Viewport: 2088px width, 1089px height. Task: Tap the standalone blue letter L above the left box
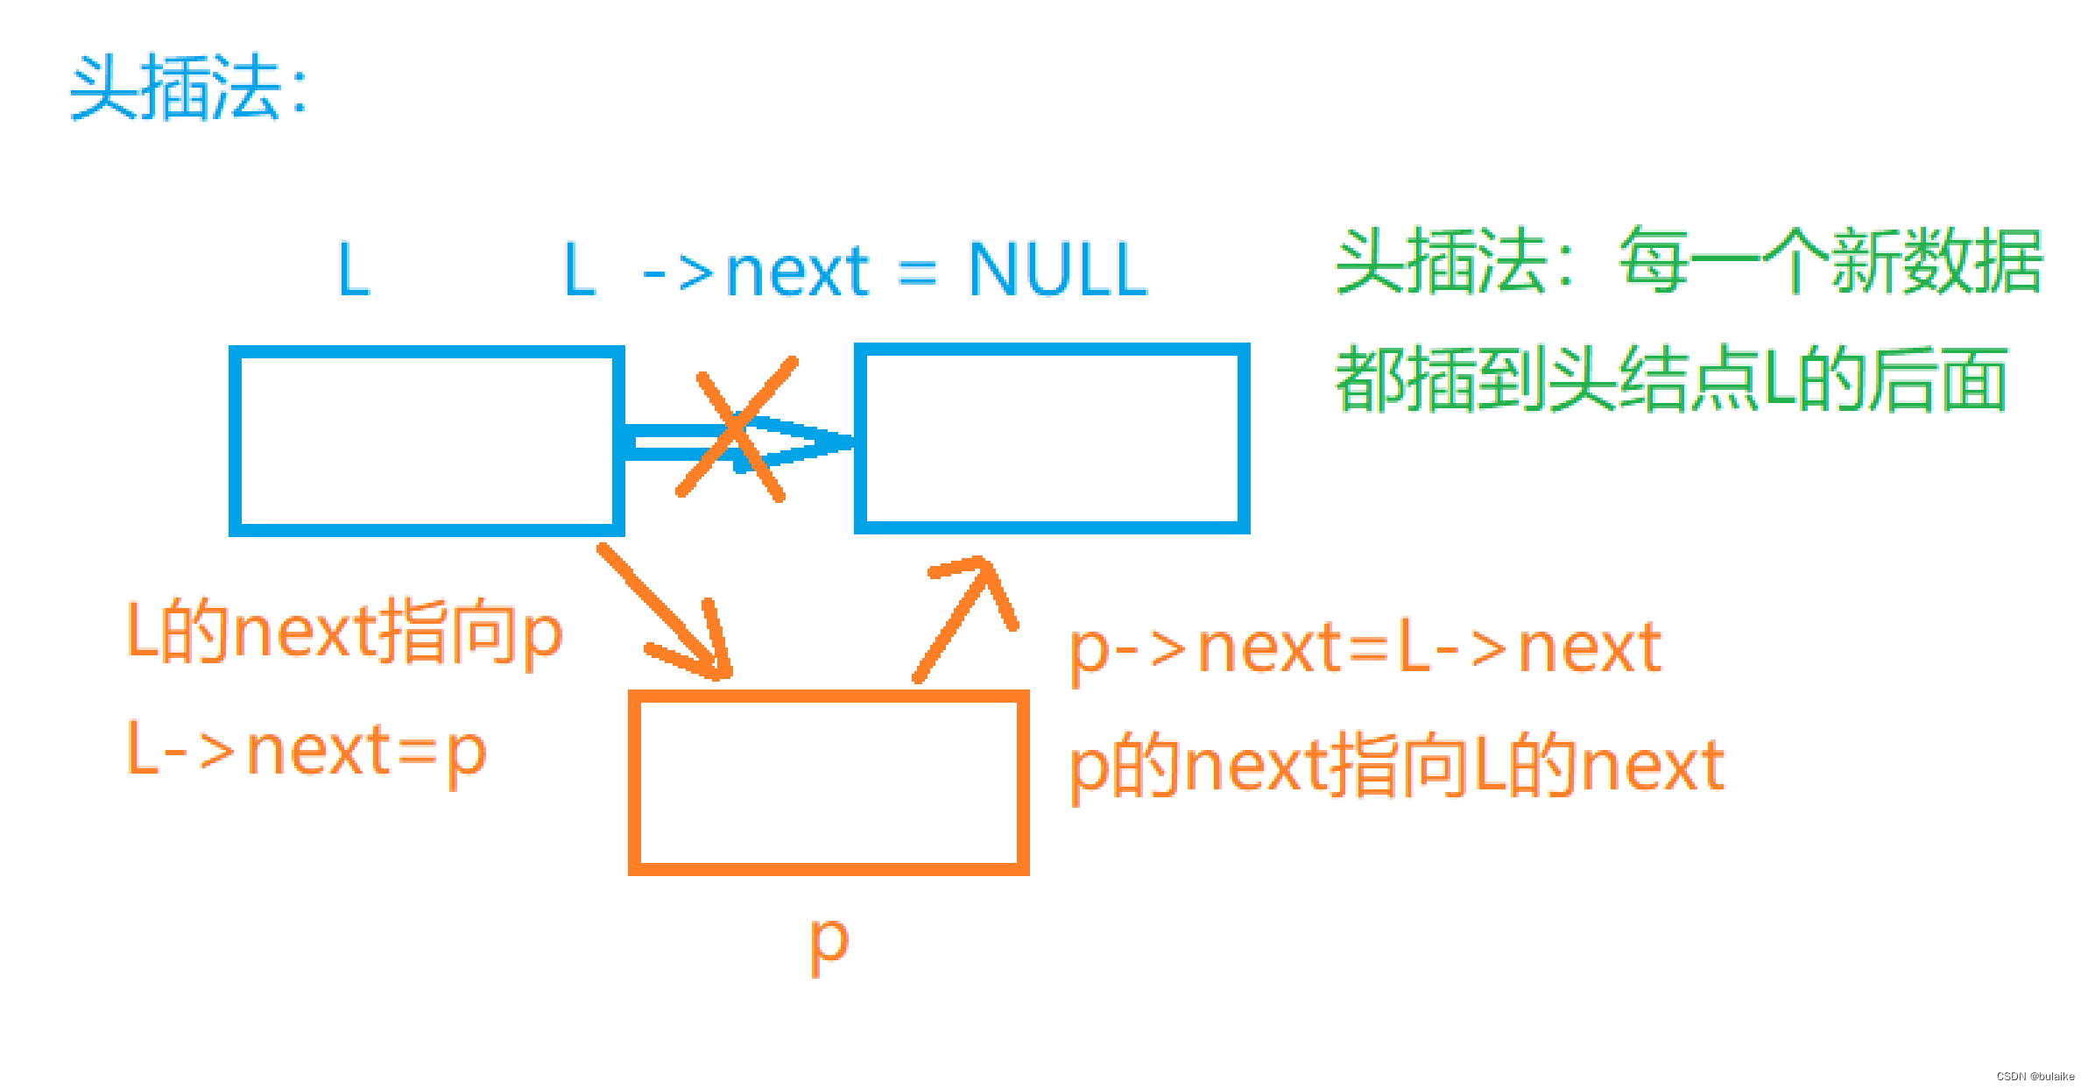tap(354, 270)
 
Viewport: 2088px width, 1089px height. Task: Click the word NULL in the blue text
tap(1058, 270)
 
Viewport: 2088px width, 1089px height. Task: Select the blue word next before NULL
tap(798, 272)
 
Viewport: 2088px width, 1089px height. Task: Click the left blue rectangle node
tap(427, 441)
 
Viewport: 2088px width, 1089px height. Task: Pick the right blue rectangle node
tap(1052, 438)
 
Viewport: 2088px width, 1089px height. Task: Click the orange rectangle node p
tap(829, 782)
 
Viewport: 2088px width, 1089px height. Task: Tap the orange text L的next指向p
tap(345, 632)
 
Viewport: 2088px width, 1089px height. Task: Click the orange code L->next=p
tap(307, 752)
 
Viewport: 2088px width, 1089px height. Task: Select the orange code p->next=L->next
tap(1365, 649)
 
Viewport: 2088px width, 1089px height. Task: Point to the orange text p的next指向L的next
tap(1397, 767)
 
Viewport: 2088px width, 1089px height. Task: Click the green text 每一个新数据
tap(1831, 261)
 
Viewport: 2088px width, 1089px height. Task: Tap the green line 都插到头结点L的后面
tap(1670, 379)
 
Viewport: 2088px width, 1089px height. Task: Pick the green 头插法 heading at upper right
tap(1442, 261)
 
